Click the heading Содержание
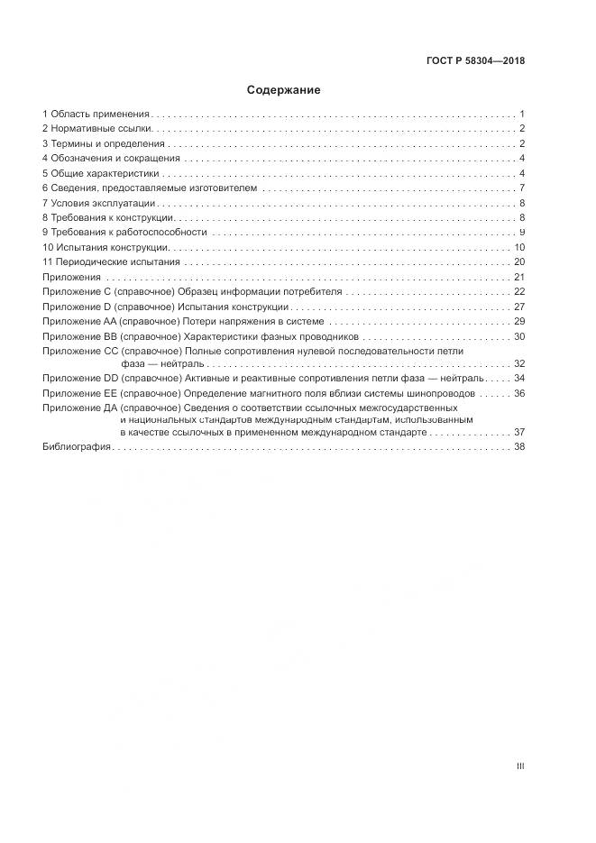(283, 90)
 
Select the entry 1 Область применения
(96, 115)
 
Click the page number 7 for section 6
(522, 188)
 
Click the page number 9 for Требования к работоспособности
(522, 233)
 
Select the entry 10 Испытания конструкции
(105, 247)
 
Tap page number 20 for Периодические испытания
(519, 262)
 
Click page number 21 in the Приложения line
(519, 277)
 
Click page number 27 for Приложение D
(519, 307)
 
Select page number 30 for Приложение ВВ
(519, 336)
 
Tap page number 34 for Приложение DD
(519, 379)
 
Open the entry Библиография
(76, 446)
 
